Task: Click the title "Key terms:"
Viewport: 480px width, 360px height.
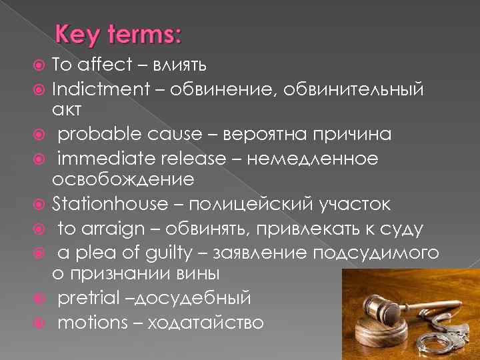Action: tap(118, 34)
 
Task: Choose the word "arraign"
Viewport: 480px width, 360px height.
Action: tap(110, 228)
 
